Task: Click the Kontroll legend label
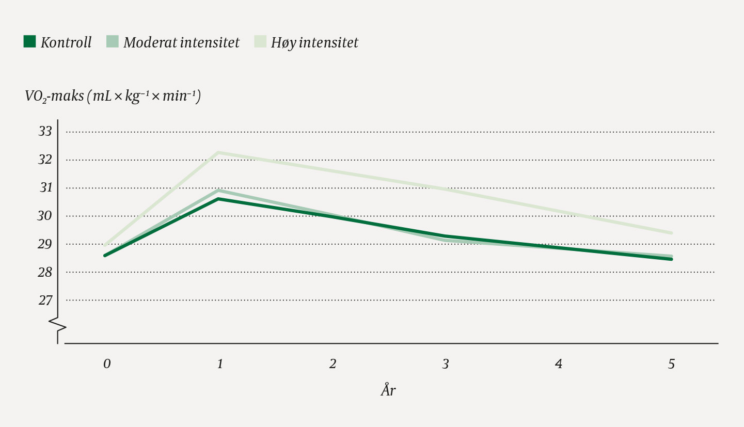(66, 42)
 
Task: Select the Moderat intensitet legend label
(181, 42)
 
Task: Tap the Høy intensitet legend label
(314, 42)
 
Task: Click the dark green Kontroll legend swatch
(29, 41)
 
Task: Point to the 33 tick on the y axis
(45, 132)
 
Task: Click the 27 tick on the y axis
(45, 300)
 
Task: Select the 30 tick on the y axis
(45, 216)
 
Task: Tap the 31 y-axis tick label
(45, 188)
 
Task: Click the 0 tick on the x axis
(106, 364)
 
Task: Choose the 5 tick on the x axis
(671, 364)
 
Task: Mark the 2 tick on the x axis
(333, 364)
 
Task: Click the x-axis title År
(388, 390)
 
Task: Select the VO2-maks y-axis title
(113, 96)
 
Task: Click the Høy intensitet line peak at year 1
(219, 152)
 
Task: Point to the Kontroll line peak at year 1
(219, 199)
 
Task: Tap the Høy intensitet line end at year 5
(671, 233)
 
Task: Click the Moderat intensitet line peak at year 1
(219, 190)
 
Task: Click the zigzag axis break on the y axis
(58, 324)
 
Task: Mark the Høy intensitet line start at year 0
(105, 245)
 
